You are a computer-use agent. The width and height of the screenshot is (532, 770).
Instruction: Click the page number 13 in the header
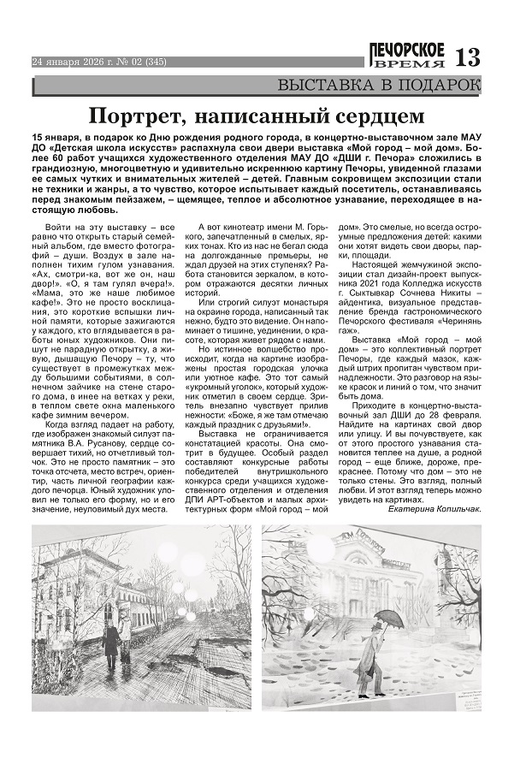469,58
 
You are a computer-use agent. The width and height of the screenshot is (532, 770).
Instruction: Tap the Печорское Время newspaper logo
407,56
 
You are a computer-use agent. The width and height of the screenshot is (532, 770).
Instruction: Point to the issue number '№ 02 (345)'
137,62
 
